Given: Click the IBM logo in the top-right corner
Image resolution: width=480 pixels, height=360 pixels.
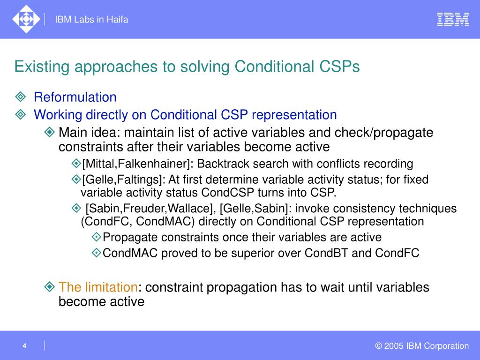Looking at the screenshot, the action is pos(453,19).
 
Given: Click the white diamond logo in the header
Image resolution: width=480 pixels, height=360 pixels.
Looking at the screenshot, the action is pos(26,19).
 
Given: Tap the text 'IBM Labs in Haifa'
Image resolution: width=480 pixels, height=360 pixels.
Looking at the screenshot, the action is pos(91,20).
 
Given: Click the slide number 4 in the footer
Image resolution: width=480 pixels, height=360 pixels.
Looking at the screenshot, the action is pos(24,346).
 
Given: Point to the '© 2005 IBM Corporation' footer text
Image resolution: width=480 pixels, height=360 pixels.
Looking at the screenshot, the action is pos(422,346).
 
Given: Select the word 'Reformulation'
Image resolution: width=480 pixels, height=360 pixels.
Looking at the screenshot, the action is pos(75,97).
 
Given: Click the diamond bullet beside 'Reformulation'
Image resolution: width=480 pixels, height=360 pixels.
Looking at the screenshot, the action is pos(21,97).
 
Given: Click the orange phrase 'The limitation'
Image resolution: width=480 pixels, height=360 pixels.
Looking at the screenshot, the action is pos(98,287).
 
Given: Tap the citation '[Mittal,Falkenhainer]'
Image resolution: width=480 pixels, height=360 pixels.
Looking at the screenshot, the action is pos(136,164).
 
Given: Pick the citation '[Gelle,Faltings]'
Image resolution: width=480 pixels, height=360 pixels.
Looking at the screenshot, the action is pos(121,180).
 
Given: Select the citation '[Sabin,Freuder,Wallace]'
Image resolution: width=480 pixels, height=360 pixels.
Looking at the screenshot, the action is pos(149,209).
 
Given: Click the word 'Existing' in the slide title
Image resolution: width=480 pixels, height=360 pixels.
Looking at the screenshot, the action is pos(42,67).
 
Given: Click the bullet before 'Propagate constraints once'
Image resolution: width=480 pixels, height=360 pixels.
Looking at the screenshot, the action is pos(97,237).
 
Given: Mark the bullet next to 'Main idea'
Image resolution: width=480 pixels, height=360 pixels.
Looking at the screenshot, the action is pos(49,132).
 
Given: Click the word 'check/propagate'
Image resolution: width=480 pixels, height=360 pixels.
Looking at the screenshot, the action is pos(384,133).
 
